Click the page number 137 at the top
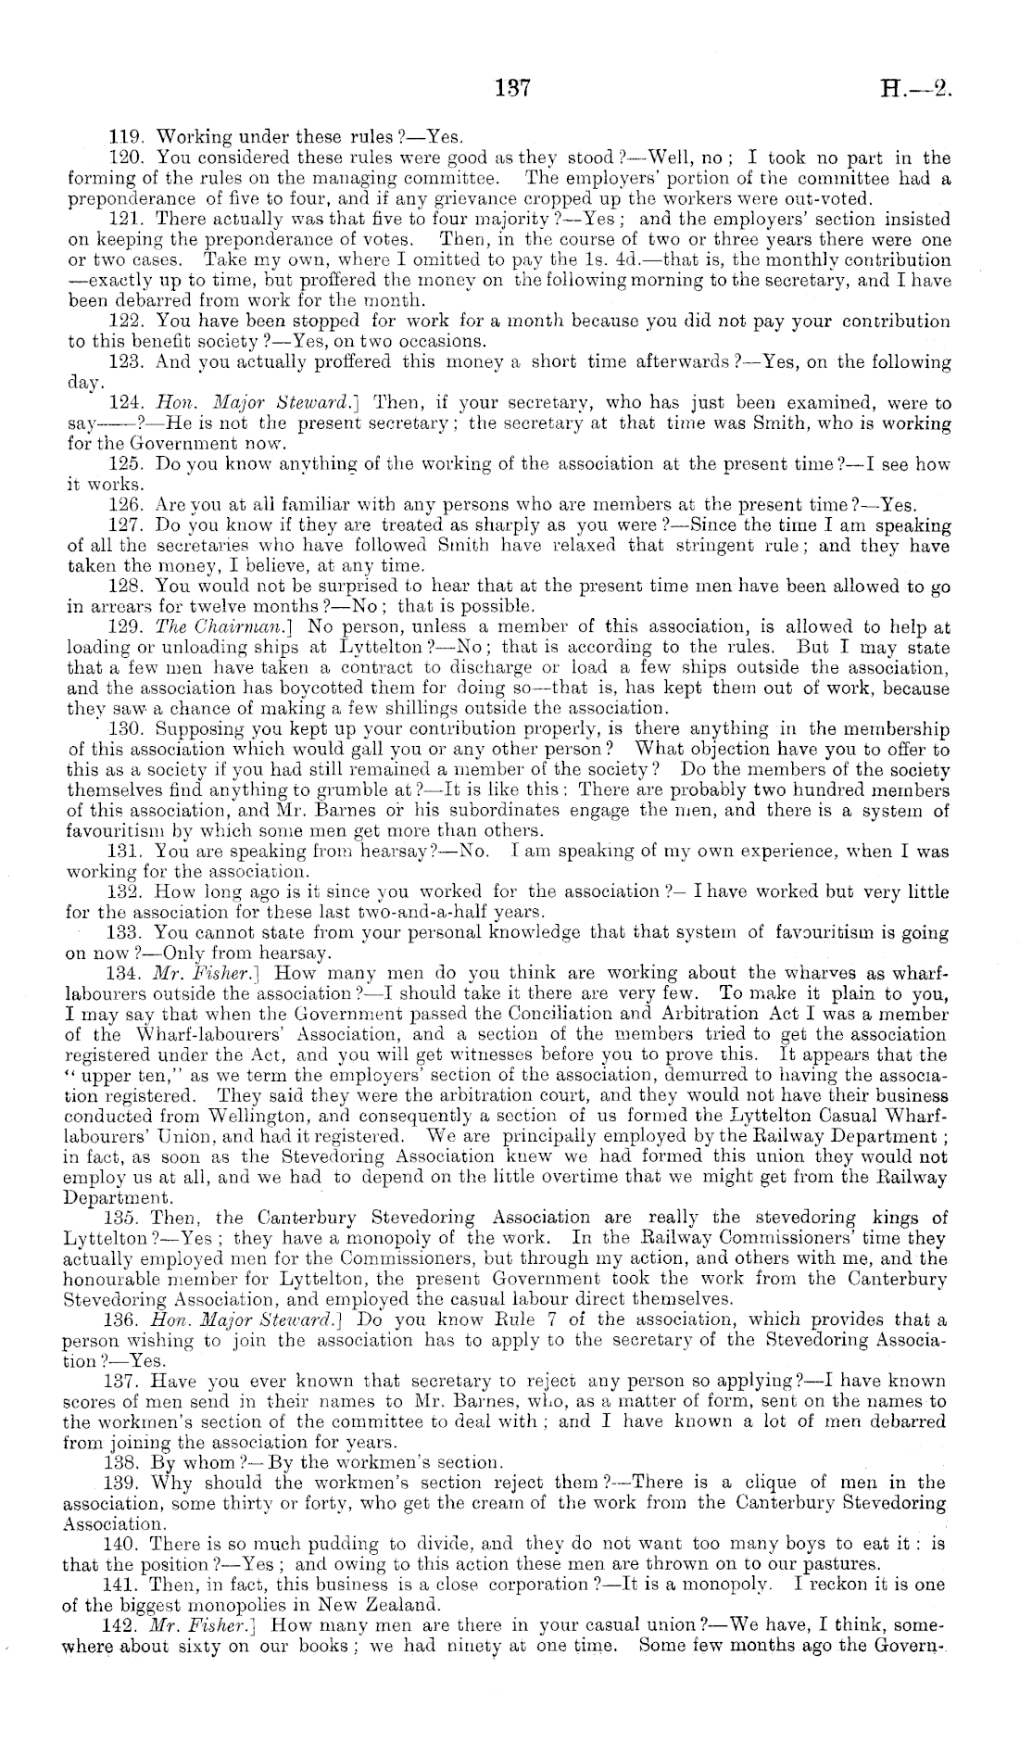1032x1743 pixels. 511,89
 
